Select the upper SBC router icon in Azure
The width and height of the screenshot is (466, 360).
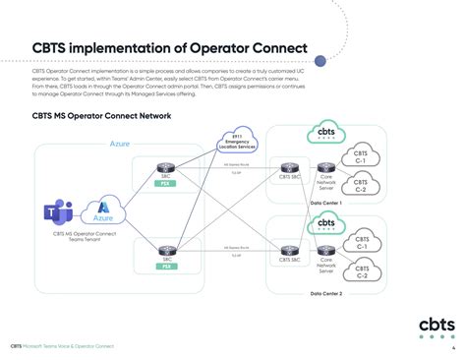point(166,169)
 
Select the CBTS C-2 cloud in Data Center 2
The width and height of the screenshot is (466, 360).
point(361,270)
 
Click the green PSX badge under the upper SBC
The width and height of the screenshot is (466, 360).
point(166,184)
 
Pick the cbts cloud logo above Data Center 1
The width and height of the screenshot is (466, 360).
point(325,133)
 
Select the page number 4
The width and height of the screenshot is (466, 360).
point(452,347)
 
